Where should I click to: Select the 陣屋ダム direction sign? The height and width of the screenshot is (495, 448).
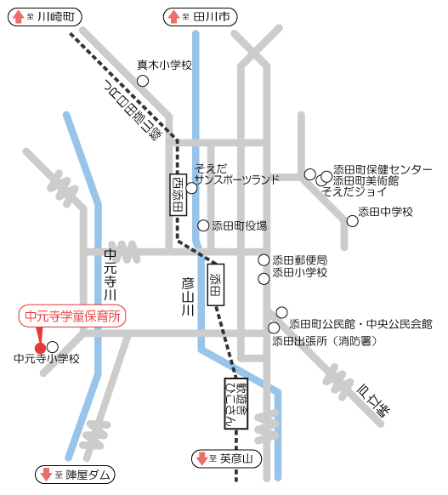[x=75, y=475]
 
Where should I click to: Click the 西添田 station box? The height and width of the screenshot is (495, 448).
[x=177, y=193]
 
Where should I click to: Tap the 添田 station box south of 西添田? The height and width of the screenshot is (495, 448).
[x=216, y=284]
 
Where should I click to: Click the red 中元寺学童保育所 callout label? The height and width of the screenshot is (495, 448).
[x=72, y=316]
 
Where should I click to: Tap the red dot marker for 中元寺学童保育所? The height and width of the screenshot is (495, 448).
[x=39, y=347]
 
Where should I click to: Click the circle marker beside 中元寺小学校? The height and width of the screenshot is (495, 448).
[x=53, y=347]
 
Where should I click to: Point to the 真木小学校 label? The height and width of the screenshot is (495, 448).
[x=165, y=65]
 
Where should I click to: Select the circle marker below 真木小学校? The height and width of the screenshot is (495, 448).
[x=143, y=81]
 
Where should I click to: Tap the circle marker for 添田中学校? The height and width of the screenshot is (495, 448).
[x=352, y=221]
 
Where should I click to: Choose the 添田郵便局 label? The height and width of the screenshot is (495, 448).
[x=299, y=259]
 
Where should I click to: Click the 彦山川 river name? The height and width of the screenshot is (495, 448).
[x=189, y=299]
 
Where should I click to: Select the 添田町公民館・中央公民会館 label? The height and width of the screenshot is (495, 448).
[x=360, y=324]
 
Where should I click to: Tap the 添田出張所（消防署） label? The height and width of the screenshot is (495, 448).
[x=332, y=341]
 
